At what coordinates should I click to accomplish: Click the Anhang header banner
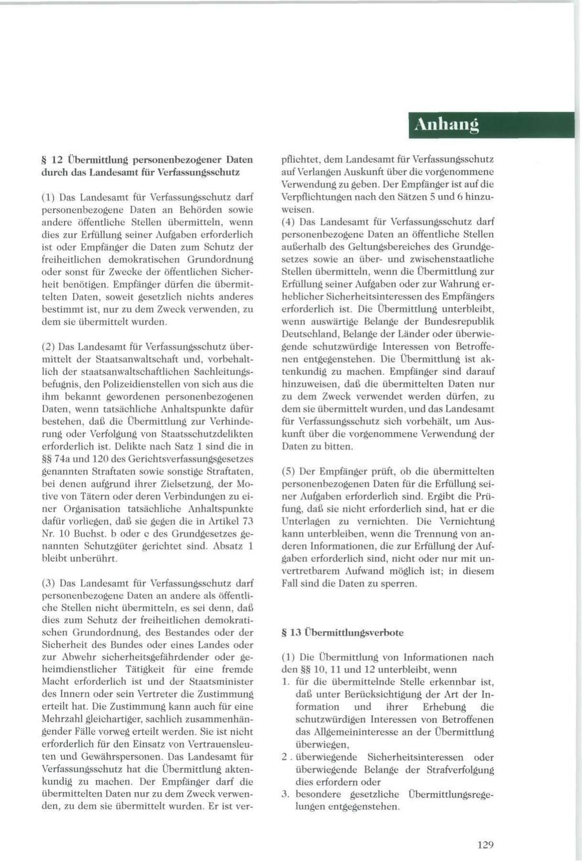(x=491, y=125)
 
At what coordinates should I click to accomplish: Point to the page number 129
(x=486, y=844)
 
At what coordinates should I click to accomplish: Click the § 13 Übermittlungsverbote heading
(x=343, y=632)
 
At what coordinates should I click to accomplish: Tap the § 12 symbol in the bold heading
(x=51, y=160)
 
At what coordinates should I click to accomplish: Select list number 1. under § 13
(x=286, y=682)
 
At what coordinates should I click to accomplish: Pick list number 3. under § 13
(x=286, y=794)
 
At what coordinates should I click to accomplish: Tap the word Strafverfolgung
(x=460, y=770)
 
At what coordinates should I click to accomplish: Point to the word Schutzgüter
(x=122, y=546)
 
